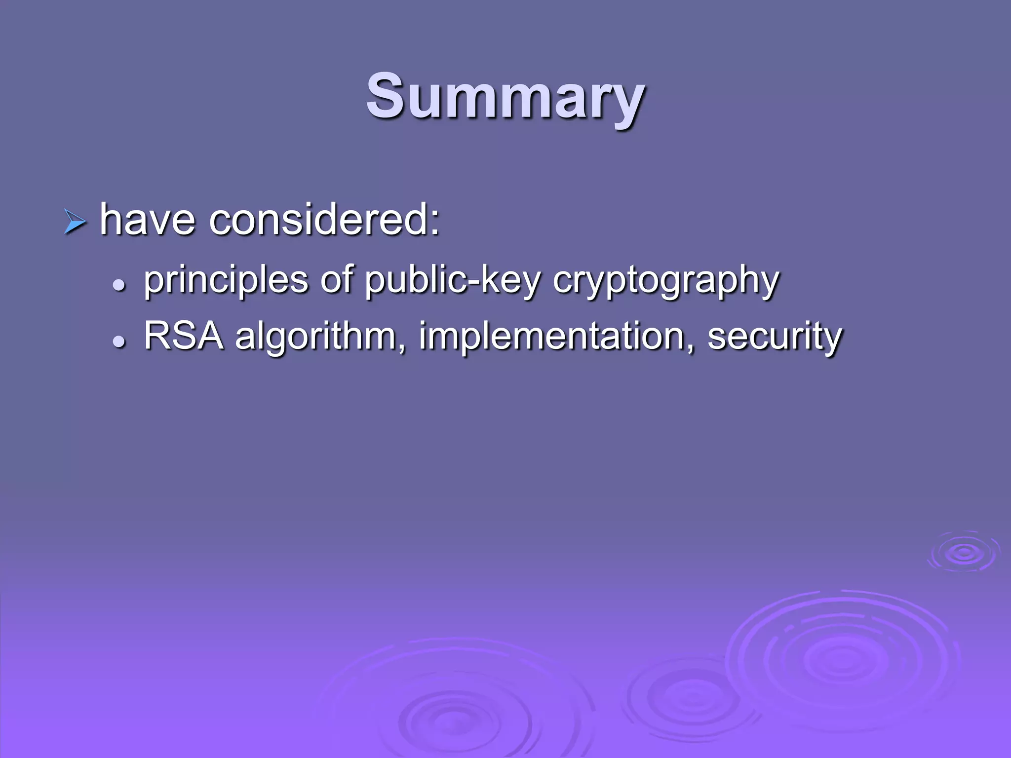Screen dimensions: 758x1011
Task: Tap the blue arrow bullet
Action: (75, 222)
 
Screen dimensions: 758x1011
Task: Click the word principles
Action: (226, 280)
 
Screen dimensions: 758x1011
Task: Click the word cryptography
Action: (665, 280)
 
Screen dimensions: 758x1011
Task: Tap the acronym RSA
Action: (183, 336)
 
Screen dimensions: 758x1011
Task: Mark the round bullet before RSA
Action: (118, 341)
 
